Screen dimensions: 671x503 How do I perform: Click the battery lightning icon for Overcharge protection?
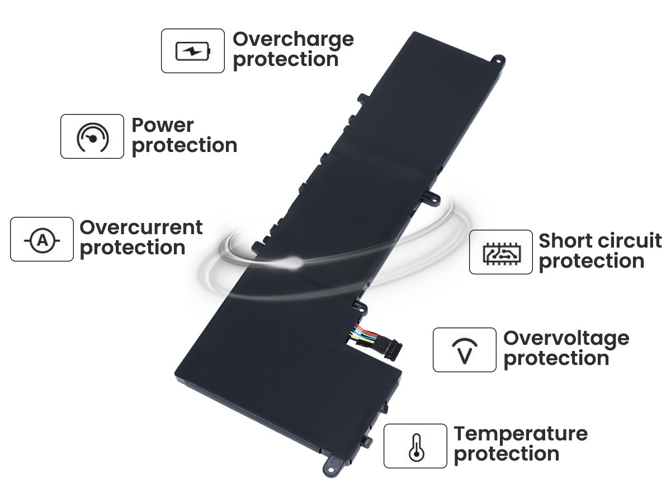(x=193, y=51)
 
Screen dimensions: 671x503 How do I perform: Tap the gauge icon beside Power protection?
(x=92, y=137)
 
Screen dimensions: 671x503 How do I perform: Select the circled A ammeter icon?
(x=42, y=241)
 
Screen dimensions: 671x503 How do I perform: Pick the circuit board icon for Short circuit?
(x=502, y=254)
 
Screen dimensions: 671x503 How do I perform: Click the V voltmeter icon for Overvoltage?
(x=465, y=351)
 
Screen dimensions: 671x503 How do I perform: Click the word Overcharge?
(x=293, y=40)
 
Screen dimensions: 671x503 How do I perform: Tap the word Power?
(x=163, y=125)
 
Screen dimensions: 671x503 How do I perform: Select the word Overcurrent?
(x=141, y=227)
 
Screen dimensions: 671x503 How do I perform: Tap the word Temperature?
(x=521, y=435)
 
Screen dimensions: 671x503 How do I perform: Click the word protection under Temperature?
(x=507, y=455)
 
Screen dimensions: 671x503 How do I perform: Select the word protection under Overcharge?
(x=286, y=60)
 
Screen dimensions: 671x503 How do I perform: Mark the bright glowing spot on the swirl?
(x=294, y=262)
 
